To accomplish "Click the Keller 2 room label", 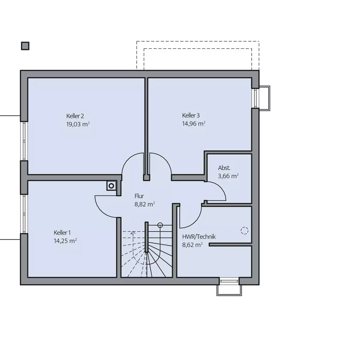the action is pos(75,116).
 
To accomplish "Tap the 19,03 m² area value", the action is pos(78,124).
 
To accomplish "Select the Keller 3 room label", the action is pos(191,115).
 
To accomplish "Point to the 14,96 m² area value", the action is pos(194,124).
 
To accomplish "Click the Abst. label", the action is pos(224,168).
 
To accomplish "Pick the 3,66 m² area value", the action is pos(228,176).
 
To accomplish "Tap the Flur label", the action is pos(139,196).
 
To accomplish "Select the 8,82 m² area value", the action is pos(145,204).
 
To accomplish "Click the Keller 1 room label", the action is pos(62,232).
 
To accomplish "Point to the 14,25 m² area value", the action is pos(65,241).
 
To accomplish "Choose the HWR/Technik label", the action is pos(199,237).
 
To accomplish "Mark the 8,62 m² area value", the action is pos(192,245).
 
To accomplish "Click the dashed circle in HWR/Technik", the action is pos(244,230).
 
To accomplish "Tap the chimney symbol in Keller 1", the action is pos(111,186).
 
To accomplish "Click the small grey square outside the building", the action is pos(25,46).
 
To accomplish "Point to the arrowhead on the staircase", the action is pos(133,233).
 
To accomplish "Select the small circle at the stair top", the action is pos(160,225).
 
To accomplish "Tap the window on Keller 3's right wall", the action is pos(255,98).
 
